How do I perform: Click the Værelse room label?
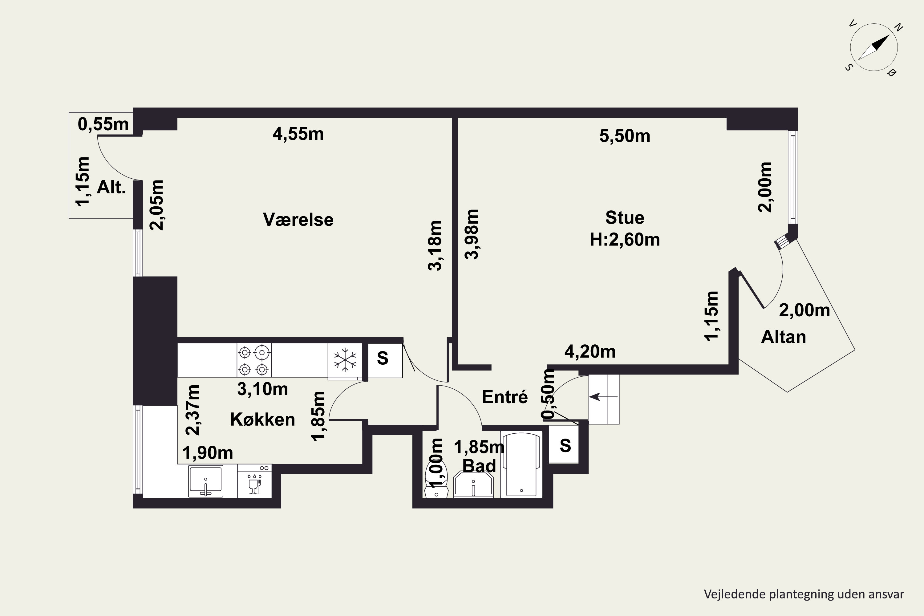click(298, 220)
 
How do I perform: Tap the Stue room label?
click(625, 218)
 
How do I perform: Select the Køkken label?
click(262, 419)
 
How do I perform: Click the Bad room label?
click(479, 466)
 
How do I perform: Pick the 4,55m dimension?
click(298, 134)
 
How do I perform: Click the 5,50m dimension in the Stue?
click(625, 136)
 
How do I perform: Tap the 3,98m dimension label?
click(472, 234)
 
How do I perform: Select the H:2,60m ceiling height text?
click(625, 239)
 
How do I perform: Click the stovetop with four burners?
click(254, 360)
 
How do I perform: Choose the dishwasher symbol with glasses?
click(254, 482)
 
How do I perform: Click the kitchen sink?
click(205, 481)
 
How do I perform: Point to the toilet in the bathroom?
click(436, 480)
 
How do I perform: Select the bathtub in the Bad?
click(521, 464)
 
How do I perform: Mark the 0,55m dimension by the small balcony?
click(103, 124)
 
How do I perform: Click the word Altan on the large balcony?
click(783, 337)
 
